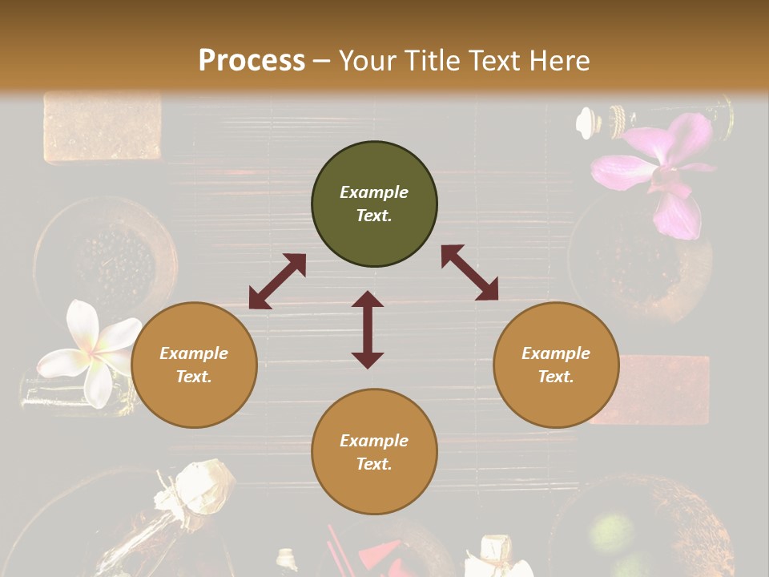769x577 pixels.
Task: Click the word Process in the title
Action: click(252, 61)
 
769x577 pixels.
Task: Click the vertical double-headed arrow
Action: click(368, 329)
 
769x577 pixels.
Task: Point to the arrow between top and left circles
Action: click(277, 281)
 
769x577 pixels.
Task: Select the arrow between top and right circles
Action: click(469, 272)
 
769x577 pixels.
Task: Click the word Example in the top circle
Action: click(374, 192)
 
